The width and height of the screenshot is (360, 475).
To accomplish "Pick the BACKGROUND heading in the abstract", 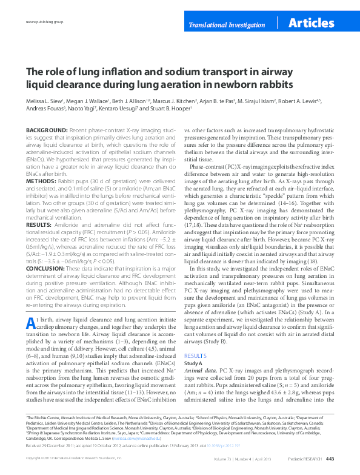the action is tap(46, 130).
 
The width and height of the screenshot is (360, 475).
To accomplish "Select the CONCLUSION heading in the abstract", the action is tap(46, 268).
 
